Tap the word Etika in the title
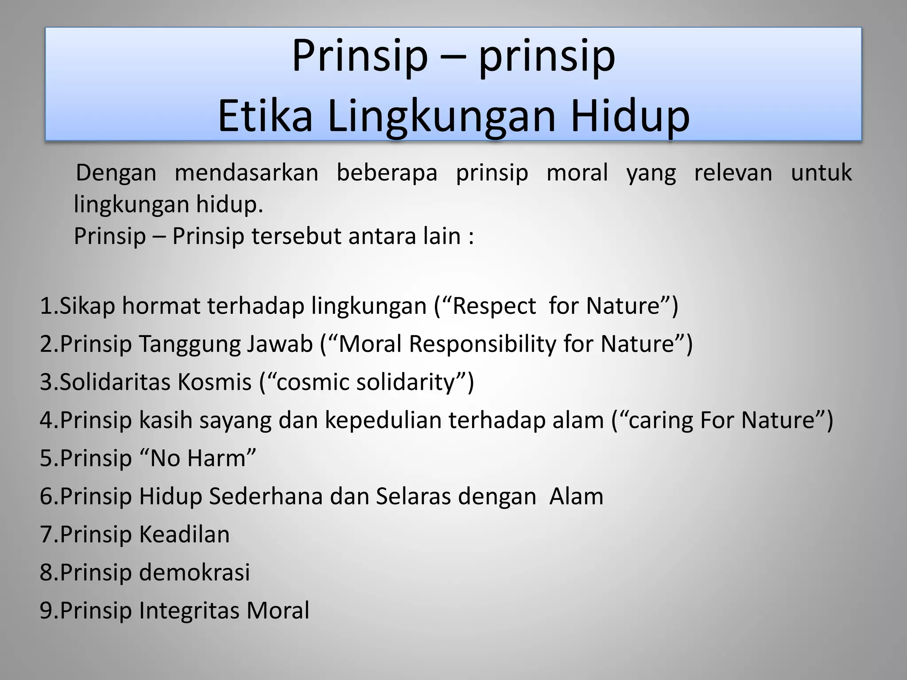[265, 116]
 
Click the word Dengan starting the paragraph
[116, 173]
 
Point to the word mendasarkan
[246, 173]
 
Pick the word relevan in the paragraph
[733, 173]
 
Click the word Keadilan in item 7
[184, 534]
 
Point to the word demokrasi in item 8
[194, 572]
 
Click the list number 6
[46, 496]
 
